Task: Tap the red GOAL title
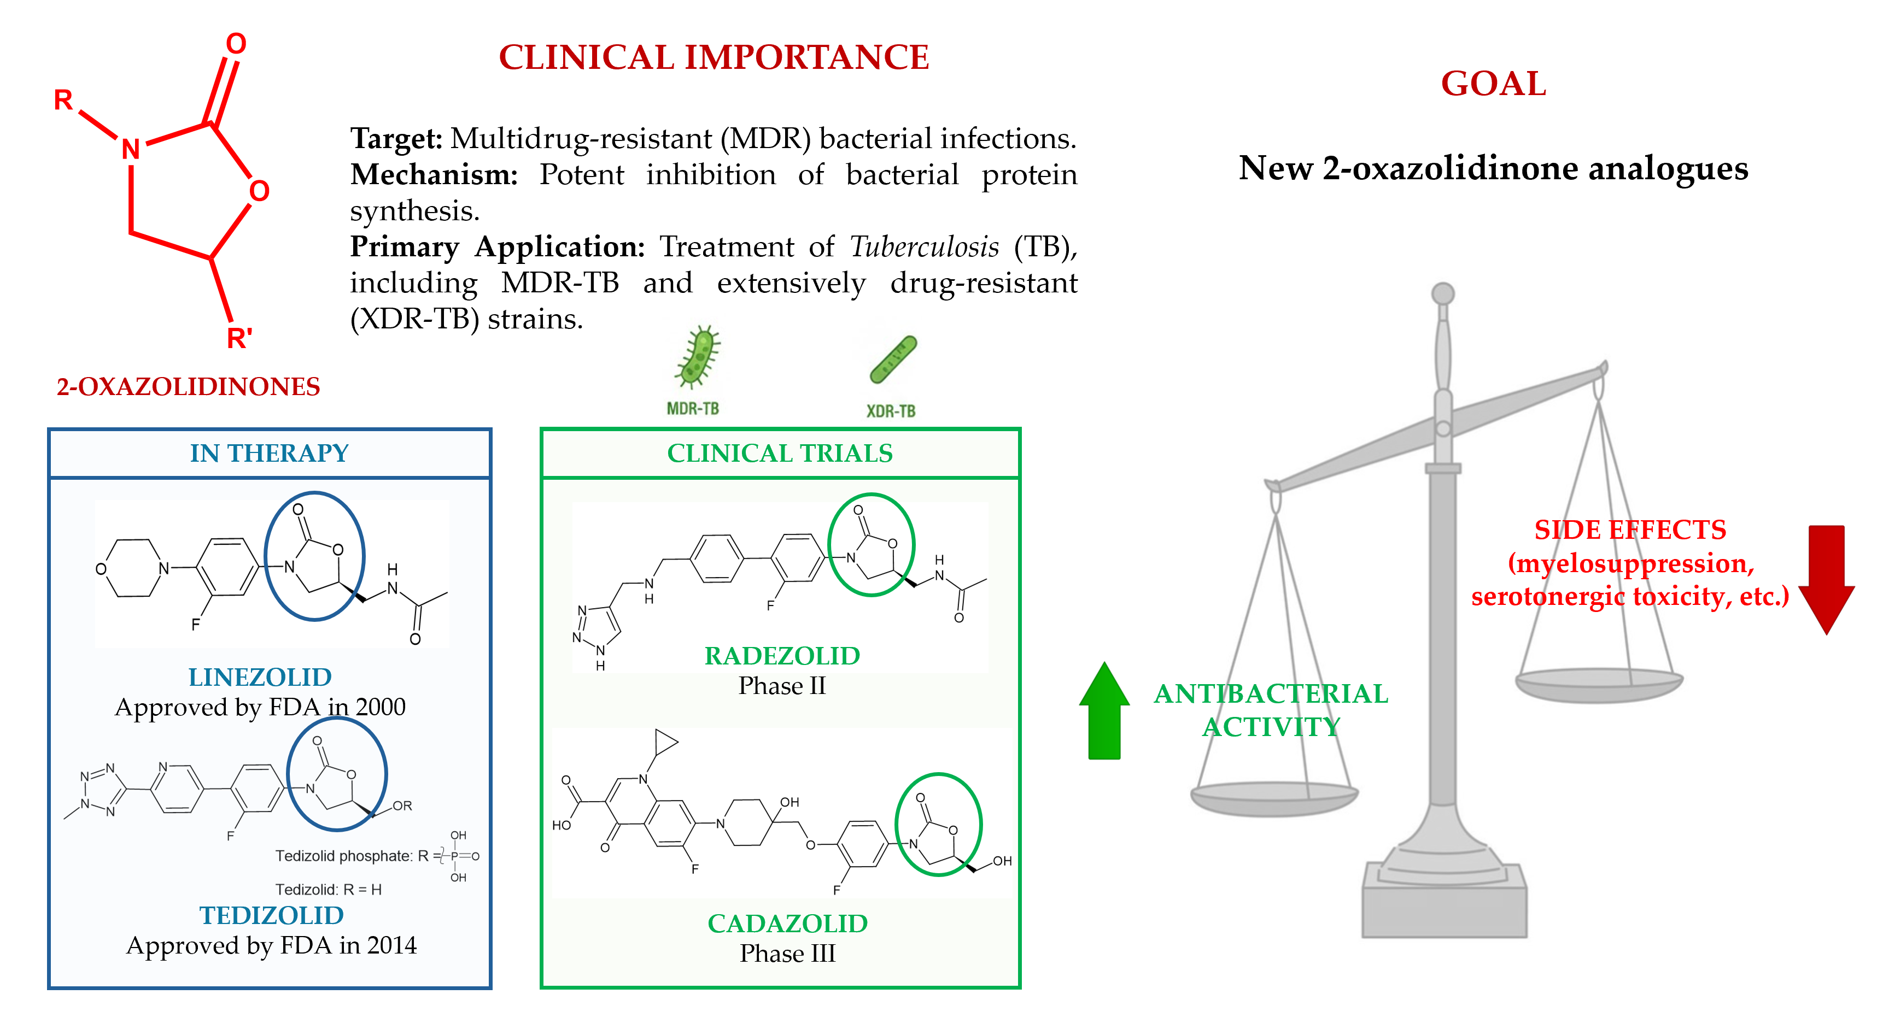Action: pyautogui.click(x=1493, y=84)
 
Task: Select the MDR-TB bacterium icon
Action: pyautogui.click(x=697, y=357)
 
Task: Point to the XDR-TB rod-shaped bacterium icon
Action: pyautogui.click(x=892, y=359)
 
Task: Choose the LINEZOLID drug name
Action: pyautogui.click(x=260, y=678)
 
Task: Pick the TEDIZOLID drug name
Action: pyautogui.click(x=271, y=915)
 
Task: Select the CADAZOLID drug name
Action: pyautogui.click(x=787, y=923)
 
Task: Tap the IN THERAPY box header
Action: pyautogui.click(x=269, y=454)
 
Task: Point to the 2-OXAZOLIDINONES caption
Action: pyautogui.click(x=188, y=386)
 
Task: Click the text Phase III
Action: pyautogui.click(x=787, y=954)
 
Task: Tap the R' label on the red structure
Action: pyautogui.click(x=239, y=338)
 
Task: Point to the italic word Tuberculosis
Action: pyautogui.click(x=924, y=247)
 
